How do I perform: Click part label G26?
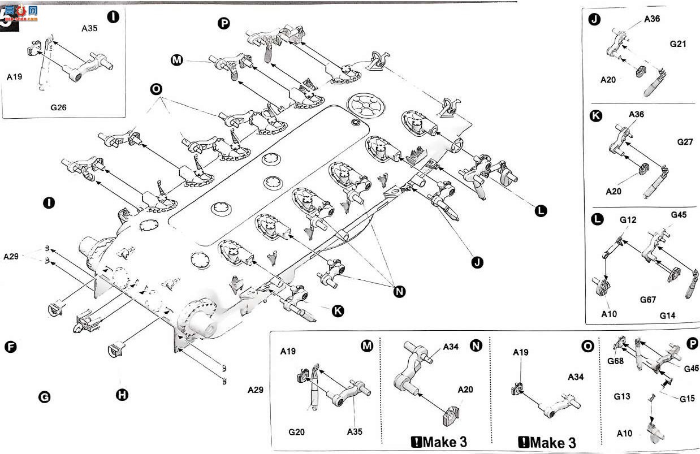58,107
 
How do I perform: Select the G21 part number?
678,44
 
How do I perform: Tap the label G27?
685,142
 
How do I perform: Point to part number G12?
628,220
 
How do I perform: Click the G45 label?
679,215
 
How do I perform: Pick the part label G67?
648,300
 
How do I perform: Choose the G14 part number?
668,315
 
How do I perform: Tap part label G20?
296,432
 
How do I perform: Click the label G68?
615,361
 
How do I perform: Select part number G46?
692,369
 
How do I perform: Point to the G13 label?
622,396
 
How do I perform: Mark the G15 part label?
687,399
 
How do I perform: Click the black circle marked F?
11,347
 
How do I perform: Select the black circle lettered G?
44,397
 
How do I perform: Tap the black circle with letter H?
122,395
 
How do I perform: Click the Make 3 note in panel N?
439,442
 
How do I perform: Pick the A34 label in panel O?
576,377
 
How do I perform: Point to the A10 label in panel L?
609,314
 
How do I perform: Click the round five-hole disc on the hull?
366,106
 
